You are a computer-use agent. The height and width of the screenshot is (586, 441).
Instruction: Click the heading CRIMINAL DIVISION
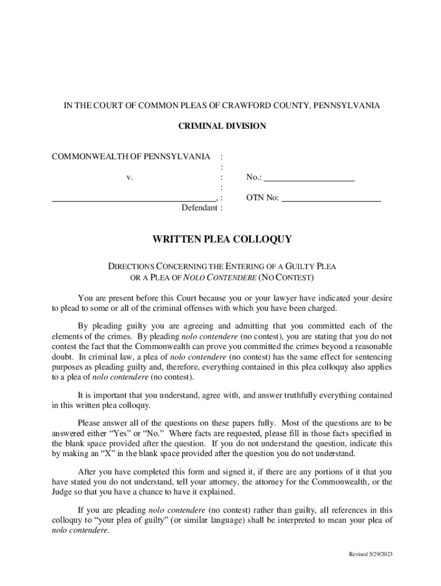(222, 126)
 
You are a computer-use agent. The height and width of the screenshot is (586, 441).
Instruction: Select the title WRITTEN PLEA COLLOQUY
(222, 240)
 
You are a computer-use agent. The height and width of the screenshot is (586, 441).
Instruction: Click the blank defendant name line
(134, 199)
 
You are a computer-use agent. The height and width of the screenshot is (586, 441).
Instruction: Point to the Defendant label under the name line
(199, 208)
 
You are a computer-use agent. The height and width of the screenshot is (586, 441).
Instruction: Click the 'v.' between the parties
(130, 177)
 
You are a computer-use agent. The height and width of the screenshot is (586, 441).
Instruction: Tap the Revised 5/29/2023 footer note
(371, 555)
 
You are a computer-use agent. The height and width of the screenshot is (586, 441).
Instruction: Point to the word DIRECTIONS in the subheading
(130, 267)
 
